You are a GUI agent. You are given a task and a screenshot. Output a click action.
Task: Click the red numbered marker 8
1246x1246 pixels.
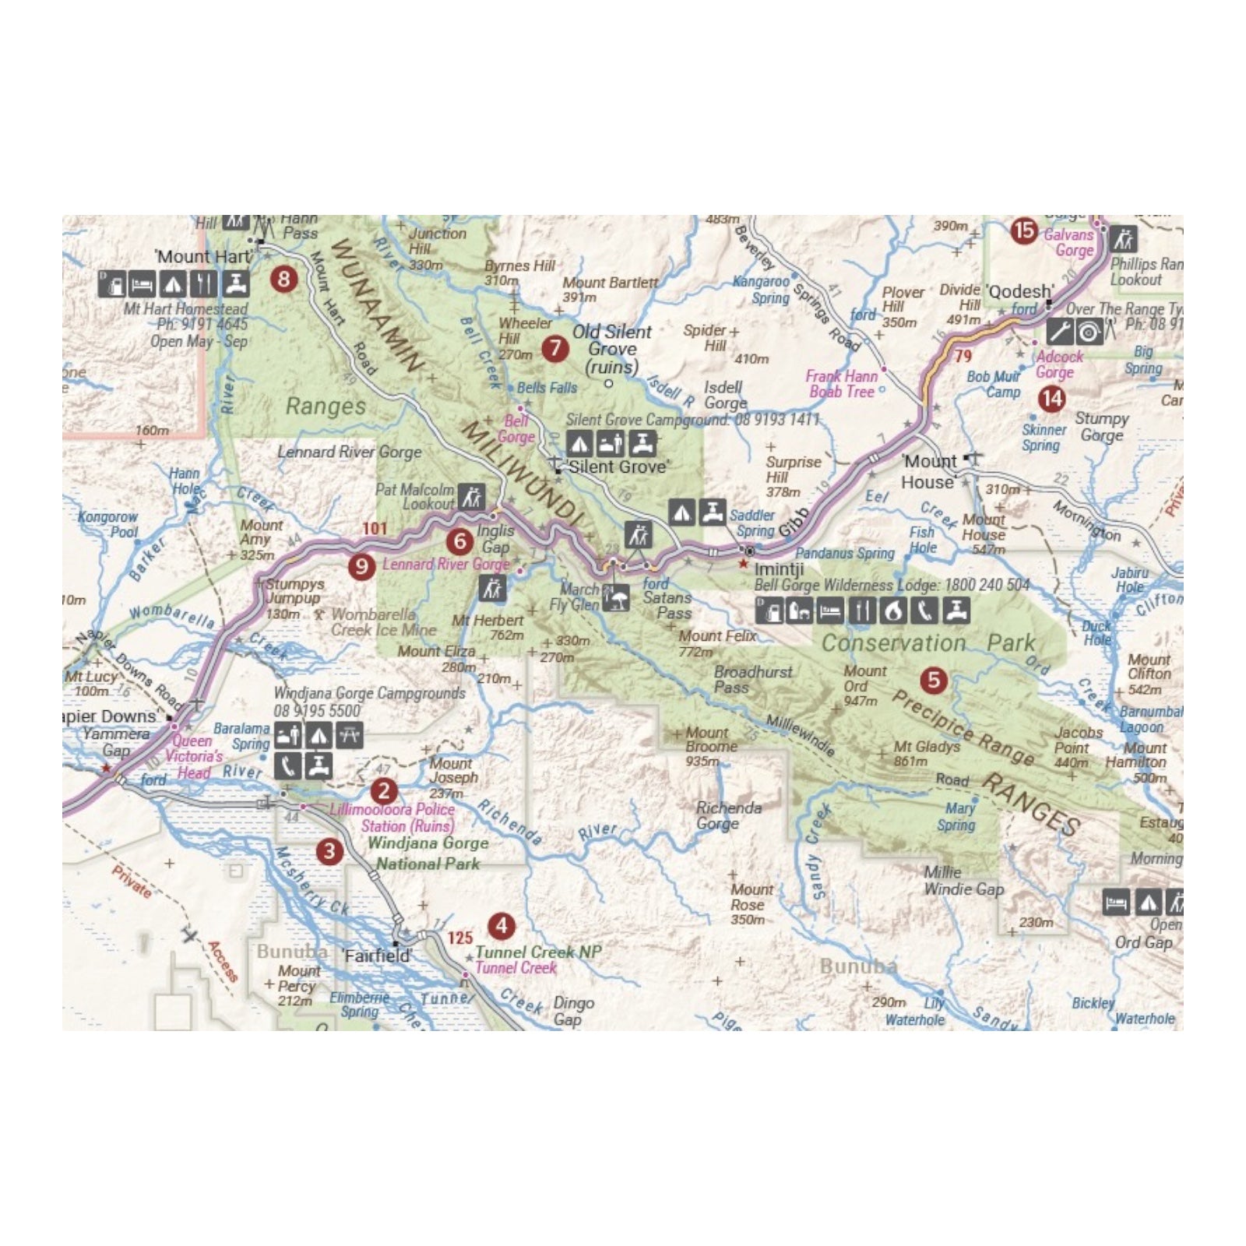[x=283, y=278]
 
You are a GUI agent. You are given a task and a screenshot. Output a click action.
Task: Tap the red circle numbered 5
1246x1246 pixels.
[x=933, y=680]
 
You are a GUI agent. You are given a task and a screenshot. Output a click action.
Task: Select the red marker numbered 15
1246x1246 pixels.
[x=1023, y=231]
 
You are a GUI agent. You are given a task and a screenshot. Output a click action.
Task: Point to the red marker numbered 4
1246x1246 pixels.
[x=502, y=925]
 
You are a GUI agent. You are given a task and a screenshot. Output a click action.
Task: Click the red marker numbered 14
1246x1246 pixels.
[x=1051, y=399]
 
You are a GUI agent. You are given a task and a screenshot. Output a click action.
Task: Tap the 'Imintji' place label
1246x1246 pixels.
[x=779, y=568]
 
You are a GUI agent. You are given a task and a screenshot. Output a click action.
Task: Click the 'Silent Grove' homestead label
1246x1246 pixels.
[x=618, y=466]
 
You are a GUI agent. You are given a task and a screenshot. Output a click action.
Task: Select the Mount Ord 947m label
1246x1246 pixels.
[x=864, y=685]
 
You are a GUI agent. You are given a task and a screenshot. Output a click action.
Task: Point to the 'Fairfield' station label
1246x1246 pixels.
[x=377, y=956]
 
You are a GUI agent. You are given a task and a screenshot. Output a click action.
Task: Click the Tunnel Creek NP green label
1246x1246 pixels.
[x=538, y=952]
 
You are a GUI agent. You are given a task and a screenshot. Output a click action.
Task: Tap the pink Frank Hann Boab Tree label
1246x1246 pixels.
[x=841, y=384]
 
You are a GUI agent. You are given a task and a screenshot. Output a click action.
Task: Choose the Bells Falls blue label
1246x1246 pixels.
[x=547, y=388]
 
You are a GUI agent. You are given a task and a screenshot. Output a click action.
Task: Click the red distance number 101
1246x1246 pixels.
[x=375, y=529]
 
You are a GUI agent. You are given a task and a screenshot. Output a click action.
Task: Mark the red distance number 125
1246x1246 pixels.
[x=460, y=938]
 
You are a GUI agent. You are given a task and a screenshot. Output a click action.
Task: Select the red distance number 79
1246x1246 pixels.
[x=963, y=356]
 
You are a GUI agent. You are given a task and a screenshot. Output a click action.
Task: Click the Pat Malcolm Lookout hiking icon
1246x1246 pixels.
[x=471, y=497]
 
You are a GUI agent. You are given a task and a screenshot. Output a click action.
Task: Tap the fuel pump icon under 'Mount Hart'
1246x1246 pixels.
[x=111, y=283]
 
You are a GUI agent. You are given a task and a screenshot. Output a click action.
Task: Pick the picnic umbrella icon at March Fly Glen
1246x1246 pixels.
[x=616, y=597]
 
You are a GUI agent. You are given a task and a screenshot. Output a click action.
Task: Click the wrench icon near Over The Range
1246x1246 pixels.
[x=1058, y=332]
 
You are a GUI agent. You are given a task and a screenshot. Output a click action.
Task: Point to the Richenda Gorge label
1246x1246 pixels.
[x=728, y=815]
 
